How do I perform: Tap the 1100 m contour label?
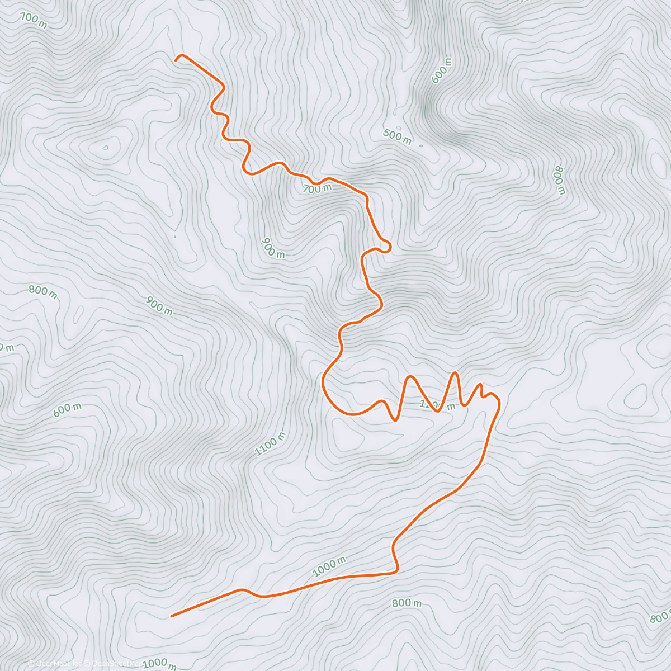(270, 444)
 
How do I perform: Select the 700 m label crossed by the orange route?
(316, 188)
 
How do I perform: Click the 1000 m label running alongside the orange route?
(329, 566)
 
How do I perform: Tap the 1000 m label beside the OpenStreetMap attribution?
(159, 664)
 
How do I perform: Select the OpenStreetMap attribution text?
(115, 664)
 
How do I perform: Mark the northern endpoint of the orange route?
(177, 58)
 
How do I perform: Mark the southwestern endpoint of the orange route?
(171, 616)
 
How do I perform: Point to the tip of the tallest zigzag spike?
(456, 372)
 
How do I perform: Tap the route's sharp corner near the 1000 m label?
(396, 570)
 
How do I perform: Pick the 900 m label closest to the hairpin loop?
(273, 248)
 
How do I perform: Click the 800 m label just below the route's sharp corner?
(407, 603)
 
